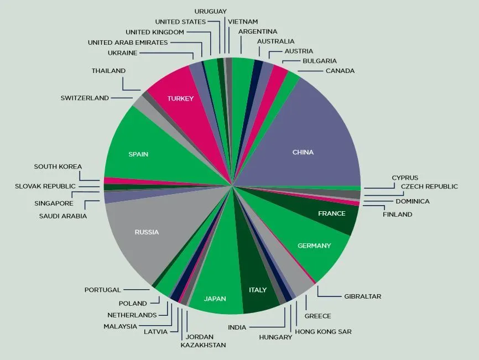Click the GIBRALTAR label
tap(362, 296)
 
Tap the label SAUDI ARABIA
tap(63, 216)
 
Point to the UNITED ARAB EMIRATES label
tap(128, 43)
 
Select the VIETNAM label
tap(243, 22)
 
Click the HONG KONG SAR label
tap(323, 332)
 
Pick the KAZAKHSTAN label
tap(203, 345)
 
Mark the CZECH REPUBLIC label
tap(429, 186)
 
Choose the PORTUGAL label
tap(102, 290)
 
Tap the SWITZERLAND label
tap(85, 98)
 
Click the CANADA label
tap(340, 71)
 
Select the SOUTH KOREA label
tap(58, 166)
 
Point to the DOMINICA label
tap(412, 201)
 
